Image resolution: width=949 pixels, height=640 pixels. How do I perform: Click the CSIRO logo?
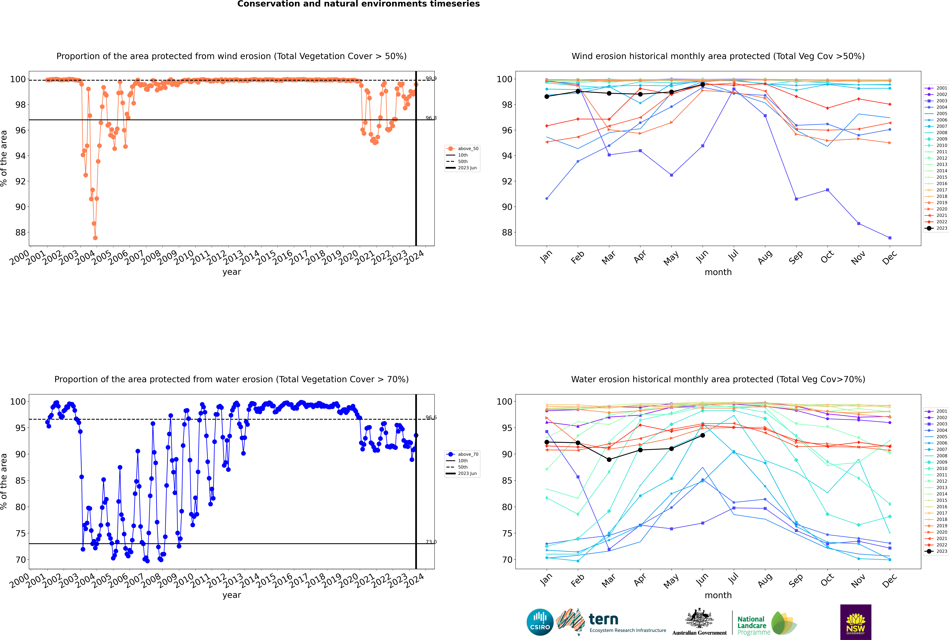click(x=540, y=622)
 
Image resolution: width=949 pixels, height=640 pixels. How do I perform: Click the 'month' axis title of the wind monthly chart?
click(x=718, y=272)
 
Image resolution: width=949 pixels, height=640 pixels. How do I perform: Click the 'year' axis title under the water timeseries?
click(x=231, y=595)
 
